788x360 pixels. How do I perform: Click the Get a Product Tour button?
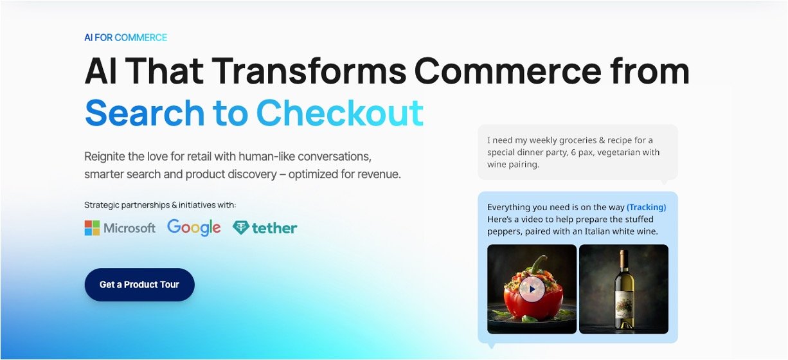(x=139, y=284)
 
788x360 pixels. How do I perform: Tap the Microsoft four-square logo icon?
(x=92, y=228)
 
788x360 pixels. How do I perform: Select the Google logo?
(x=194, y=228)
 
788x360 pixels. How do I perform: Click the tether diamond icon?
(x=241, y=228)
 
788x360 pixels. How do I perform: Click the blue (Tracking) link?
(x=646, y=207)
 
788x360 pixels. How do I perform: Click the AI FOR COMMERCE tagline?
(x=125, y=38)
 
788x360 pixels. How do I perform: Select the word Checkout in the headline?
(x=340, y=113)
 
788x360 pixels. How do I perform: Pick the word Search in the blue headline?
(x=145, y=113)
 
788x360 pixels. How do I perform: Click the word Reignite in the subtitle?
(x=105, y=157)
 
